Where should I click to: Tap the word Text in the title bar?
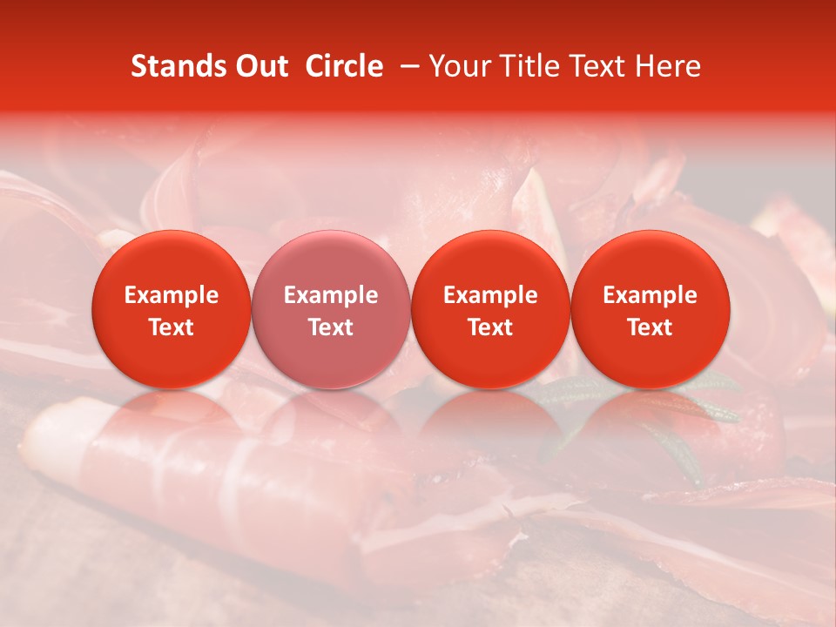click(596, 66)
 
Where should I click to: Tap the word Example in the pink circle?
click(331, 295)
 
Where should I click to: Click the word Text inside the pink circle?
click(331, 327)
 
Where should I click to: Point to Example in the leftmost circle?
click(172, 295)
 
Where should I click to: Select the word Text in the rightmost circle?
click(651, 327)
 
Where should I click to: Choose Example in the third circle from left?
click(490, 295)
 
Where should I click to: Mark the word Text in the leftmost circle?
click(172, 327)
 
